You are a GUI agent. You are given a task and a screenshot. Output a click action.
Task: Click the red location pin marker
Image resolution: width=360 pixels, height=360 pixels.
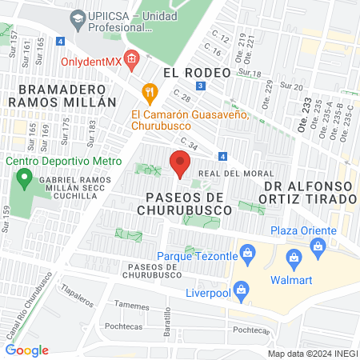[180, 164]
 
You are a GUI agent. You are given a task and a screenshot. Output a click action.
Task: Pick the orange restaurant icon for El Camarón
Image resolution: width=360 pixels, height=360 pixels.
[147, 92]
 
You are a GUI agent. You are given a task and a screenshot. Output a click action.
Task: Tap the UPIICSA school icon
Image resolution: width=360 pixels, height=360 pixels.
[77, 18]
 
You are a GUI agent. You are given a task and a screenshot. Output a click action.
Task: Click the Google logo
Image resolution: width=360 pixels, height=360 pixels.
[27, 350]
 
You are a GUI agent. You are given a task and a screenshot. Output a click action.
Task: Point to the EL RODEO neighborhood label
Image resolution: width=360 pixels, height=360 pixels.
[196, 72]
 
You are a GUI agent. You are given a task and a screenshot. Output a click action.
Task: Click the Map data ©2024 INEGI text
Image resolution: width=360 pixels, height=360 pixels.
[312, 353]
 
